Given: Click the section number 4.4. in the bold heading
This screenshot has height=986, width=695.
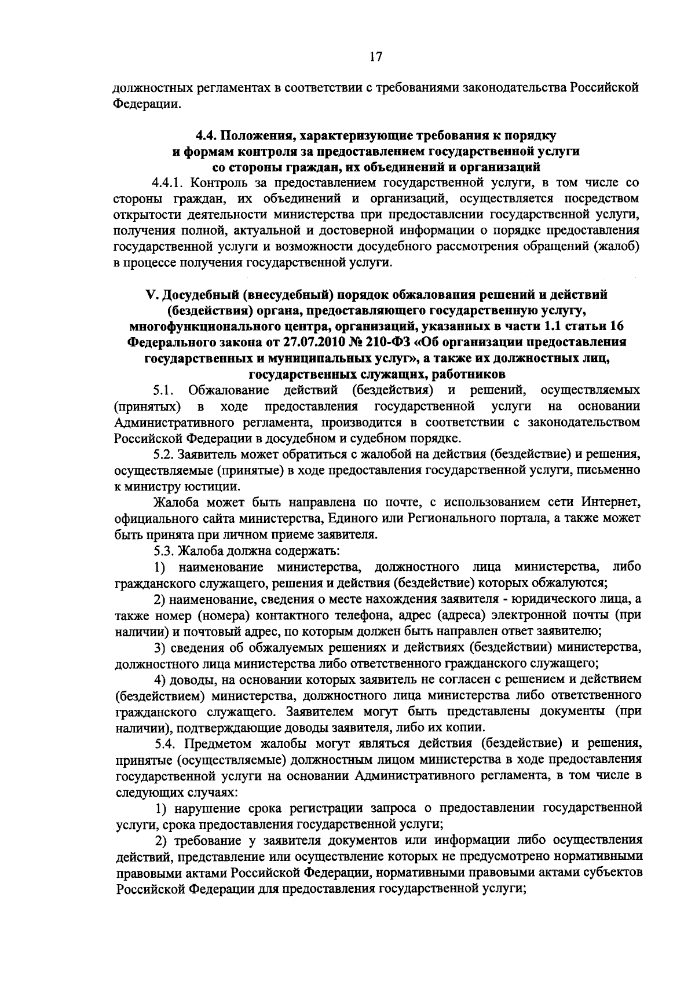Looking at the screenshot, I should point(207,136).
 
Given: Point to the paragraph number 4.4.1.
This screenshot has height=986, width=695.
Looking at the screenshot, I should point(169,183).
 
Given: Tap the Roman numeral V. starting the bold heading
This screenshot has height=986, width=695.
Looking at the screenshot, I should point(150,295).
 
